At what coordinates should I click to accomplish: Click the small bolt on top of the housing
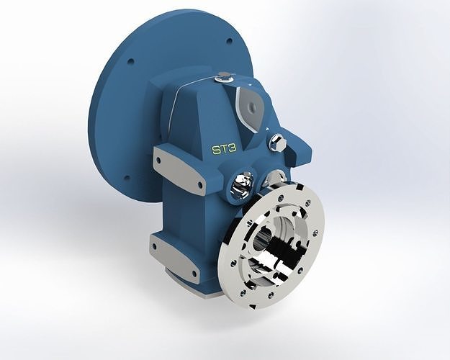coord(224,76)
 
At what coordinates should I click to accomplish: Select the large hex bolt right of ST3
coord(277,142)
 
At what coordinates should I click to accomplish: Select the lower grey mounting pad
coord(176,256)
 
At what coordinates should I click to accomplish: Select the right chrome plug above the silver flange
coord(274,177)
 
